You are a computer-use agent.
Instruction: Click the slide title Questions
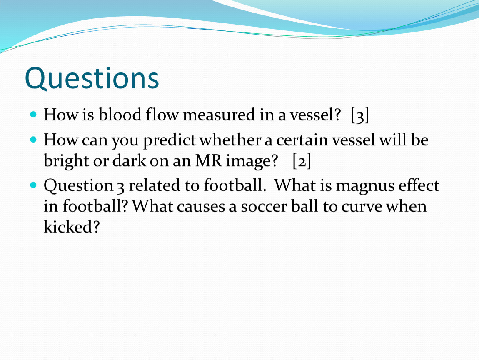(92, 78)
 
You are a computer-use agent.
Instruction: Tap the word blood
(120, 115)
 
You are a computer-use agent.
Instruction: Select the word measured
(219, 115)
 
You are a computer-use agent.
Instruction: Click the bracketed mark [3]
(360, 115)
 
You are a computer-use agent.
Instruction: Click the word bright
(66, 161)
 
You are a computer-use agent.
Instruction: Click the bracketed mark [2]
(302, 161)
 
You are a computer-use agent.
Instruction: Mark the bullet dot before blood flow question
(34, 115)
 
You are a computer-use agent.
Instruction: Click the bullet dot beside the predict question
(34, 140)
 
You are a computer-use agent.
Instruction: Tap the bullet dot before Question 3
(34, 185)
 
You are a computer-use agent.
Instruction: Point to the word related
(155, 185)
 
